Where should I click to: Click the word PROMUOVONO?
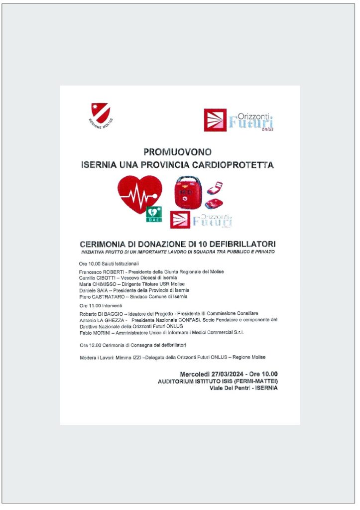click(x=177, y=152)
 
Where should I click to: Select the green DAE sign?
click(x=153, y=214)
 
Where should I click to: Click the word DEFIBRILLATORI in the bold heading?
click(x=242, y=244)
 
